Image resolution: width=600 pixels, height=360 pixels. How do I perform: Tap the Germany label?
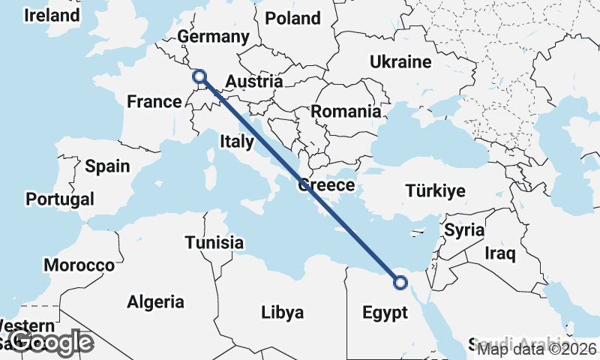[213, 37]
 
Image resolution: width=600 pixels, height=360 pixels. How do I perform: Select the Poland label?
[292, 18]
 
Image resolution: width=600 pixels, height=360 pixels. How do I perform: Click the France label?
[154, 101]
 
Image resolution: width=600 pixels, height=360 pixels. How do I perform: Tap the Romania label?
[346, 112]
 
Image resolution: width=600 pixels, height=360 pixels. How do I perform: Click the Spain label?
[107, 166]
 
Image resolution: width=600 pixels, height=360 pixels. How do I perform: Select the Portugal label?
[60, 199]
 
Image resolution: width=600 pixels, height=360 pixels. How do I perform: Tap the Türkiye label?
[435, 190]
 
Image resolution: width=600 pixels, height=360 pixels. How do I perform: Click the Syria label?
[464, 230]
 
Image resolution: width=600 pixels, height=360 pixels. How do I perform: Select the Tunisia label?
[214, 243]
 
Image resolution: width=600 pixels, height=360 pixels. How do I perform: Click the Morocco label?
[79, 265]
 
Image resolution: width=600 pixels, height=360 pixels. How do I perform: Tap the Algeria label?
[155, 302]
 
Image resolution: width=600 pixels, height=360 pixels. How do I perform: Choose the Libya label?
[283, 312]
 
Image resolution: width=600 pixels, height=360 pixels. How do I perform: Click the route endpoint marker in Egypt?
[400, 283]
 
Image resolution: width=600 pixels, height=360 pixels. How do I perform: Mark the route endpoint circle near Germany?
[199, 76]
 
